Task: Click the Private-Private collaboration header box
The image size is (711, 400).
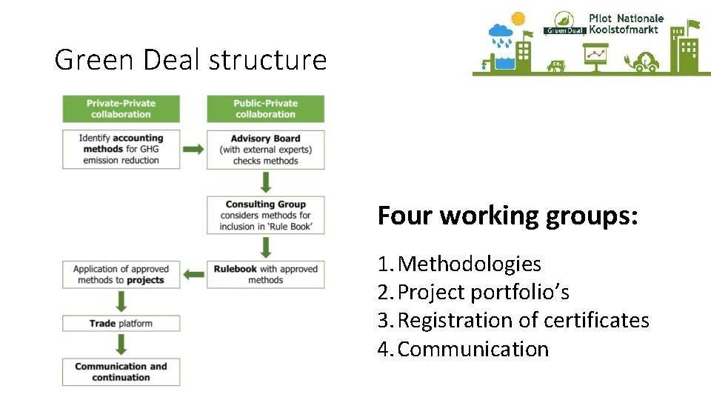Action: pyautogui.click(x=121, y=109)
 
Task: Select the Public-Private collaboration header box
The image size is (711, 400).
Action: pyautogui.click(x=265, y=109)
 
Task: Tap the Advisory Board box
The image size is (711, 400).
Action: pyautogui.click(x=265, y=150)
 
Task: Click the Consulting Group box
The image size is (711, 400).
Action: pyautogui.click(x=265, y=216)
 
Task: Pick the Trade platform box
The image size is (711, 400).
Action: pyautogui.click(x=121, y=323)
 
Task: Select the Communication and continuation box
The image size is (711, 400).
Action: pyautogui.click(x=121, y=372)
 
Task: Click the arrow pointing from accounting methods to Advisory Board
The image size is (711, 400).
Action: pyautogui.click(x=193, y=149)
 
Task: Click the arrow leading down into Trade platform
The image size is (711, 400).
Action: pyautogui.click(x=121, y=301)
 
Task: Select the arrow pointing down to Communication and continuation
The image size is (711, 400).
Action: pyautogui.click(x=121, y=344)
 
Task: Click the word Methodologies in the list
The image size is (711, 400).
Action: pyautogui.click(x=469, y=264)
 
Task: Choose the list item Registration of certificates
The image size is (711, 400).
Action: pyautogui.click(x=523, y=321)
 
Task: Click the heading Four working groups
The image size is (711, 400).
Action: pyautogui.click(x=507, y=216)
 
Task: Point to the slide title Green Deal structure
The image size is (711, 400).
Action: pyautogui.click(x=190, y=59)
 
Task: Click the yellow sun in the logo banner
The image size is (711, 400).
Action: pyautogui.click(x=518, y=19)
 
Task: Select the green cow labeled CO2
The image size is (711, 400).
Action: pyautogui.click(x=555, y=66)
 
